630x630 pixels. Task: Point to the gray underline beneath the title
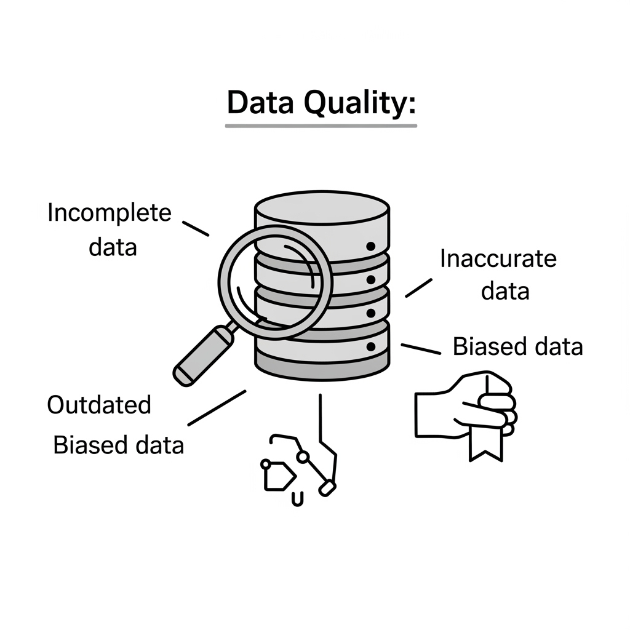[x=321, y=126]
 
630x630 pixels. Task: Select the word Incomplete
[x=110, y=213]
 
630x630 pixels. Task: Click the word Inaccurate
[x=498, y=259]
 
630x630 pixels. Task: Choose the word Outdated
[x=99, y=405]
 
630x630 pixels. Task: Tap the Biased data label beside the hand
[x=517, y=346]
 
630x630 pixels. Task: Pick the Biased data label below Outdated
[x=119, y=444]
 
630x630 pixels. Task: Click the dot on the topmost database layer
[x=370, y=246]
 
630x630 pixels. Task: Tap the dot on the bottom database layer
[x=370, y=347]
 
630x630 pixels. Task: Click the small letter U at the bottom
[x=297, y=499]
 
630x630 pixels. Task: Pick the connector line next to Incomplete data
[x=197, y=228]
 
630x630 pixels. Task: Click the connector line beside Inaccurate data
[x=418, y=287]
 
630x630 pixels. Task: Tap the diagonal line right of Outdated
[x=217, y=407]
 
